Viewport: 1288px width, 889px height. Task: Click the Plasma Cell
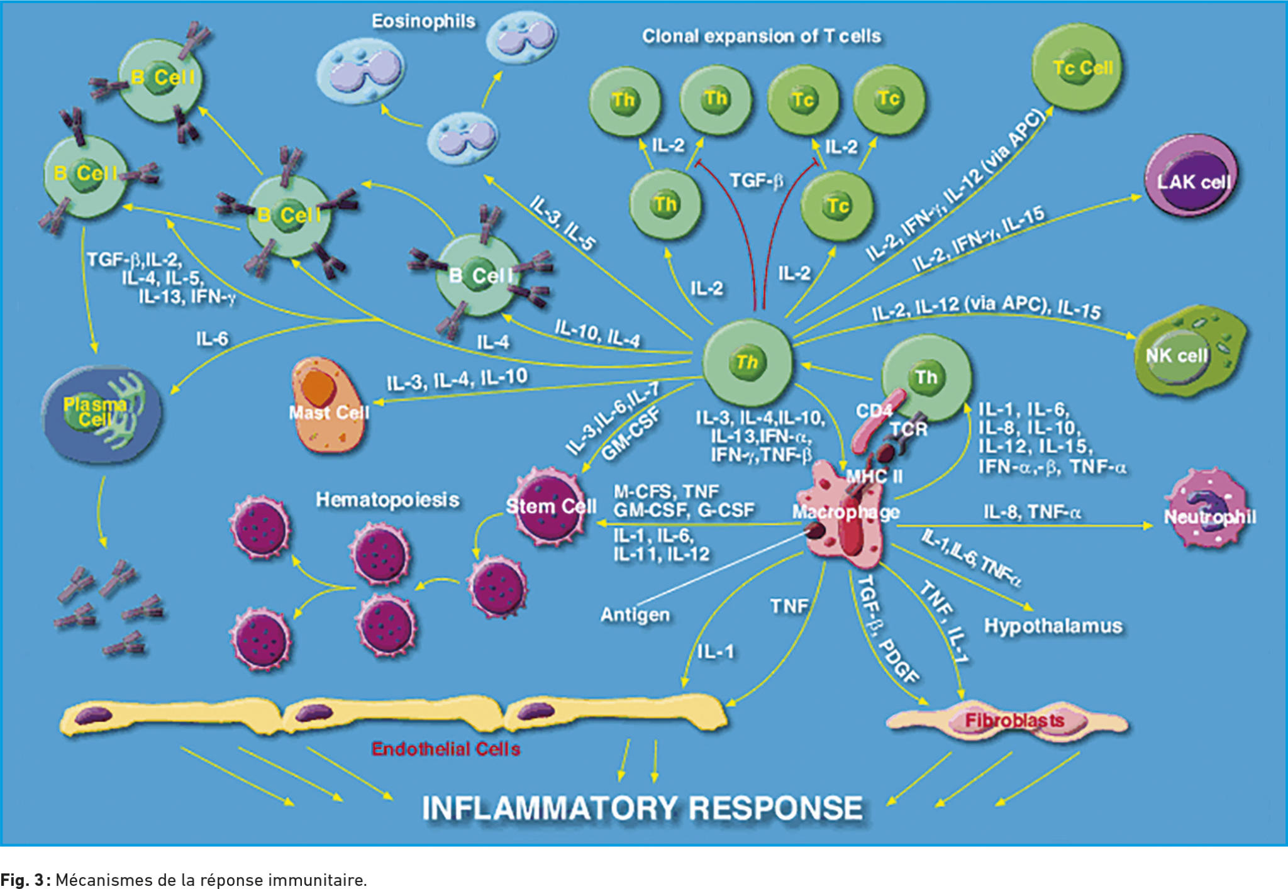coord(101,413)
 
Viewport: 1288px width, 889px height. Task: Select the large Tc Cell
coord(1077,68)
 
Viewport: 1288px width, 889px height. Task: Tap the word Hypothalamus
coord(1053,626)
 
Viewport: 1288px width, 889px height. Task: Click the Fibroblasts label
coord(1014,720)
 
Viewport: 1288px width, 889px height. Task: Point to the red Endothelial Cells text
coord(446,748)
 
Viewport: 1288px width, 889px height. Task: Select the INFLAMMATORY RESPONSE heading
coord(642,808)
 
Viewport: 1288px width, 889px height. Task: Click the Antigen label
coord(635,614)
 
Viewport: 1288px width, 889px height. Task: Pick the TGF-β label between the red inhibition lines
coord(757,181)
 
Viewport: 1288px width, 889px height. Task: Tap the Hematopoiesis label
coord(387,500)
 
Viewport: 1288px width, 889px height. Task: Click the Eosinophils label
coord(423,21)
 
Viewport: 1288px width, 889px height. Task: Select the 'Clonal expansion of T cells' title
coord(762,36)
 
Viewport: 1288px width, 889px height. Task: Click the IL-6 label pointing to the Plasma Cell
coord(212,339)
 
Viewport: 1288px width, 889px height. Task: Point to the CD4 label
coord(874,411)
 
